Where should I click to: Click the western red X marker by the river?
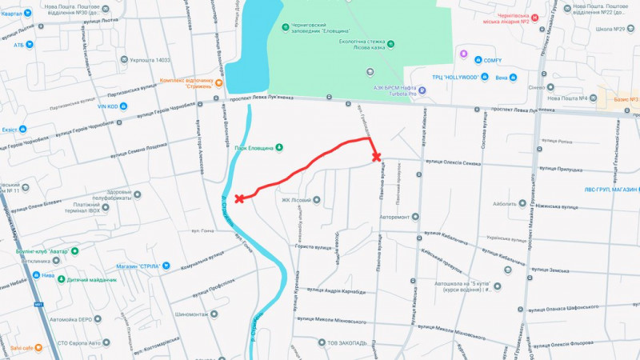[239, 198]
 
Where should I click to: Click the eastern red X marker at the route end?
[376, 157]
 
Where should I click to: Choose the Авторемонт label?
[399, 217]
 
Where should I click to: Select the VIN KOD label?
[108, 106]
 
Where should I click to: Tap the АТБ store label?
[18, 45]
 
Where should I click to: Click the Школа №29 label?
[610, 30]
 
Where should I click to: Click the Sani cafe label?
[22, 348]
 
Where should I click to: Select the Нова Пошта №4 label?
[567, 98]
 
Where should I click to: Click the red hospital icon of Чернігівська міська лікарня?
[536, 18]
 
